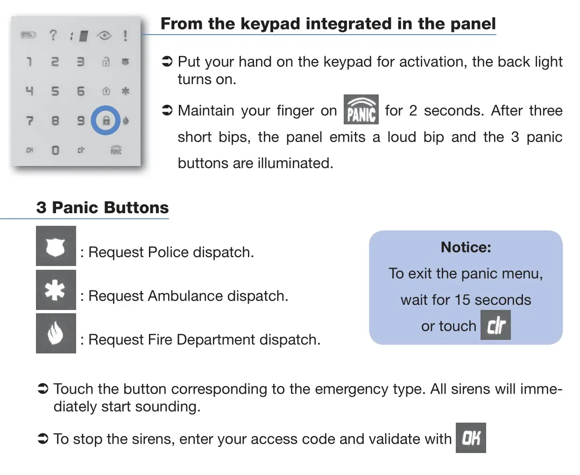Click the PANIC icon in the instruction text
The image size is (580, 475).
(x=361, y=109)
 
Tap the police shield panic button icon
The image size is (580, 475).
(x=56, y=246)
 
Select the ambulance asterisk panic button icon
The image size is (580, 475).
(x=56, y=290)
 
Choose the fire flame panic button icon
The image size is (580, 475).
(x=56, y=333)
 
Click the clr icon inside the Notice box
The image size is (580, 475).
(x=495, y=325)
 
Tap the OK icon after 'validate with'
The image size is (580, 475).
(x=471, y=438)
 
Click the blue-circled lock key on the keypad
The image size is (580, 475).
(x=106, y=121)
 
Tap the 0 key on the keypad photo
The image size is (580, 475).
(x=55, y=150)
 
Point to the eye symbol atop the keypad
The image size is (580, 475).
(x=104, y=36)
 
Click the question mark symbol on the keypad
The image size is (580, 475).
(x=53, y=35)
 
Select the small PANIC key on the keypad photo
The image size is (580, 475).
(x=116, y=150)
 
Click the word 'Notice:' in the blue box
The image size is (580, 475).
(x=466, y=247)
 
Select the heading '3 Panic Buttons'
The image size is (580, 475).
(x=102, y=207)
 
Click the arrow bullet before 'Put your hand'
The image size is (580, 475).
(x=167, y=61)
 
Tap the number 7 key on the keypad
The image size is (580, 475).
(x=29, y=121)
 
